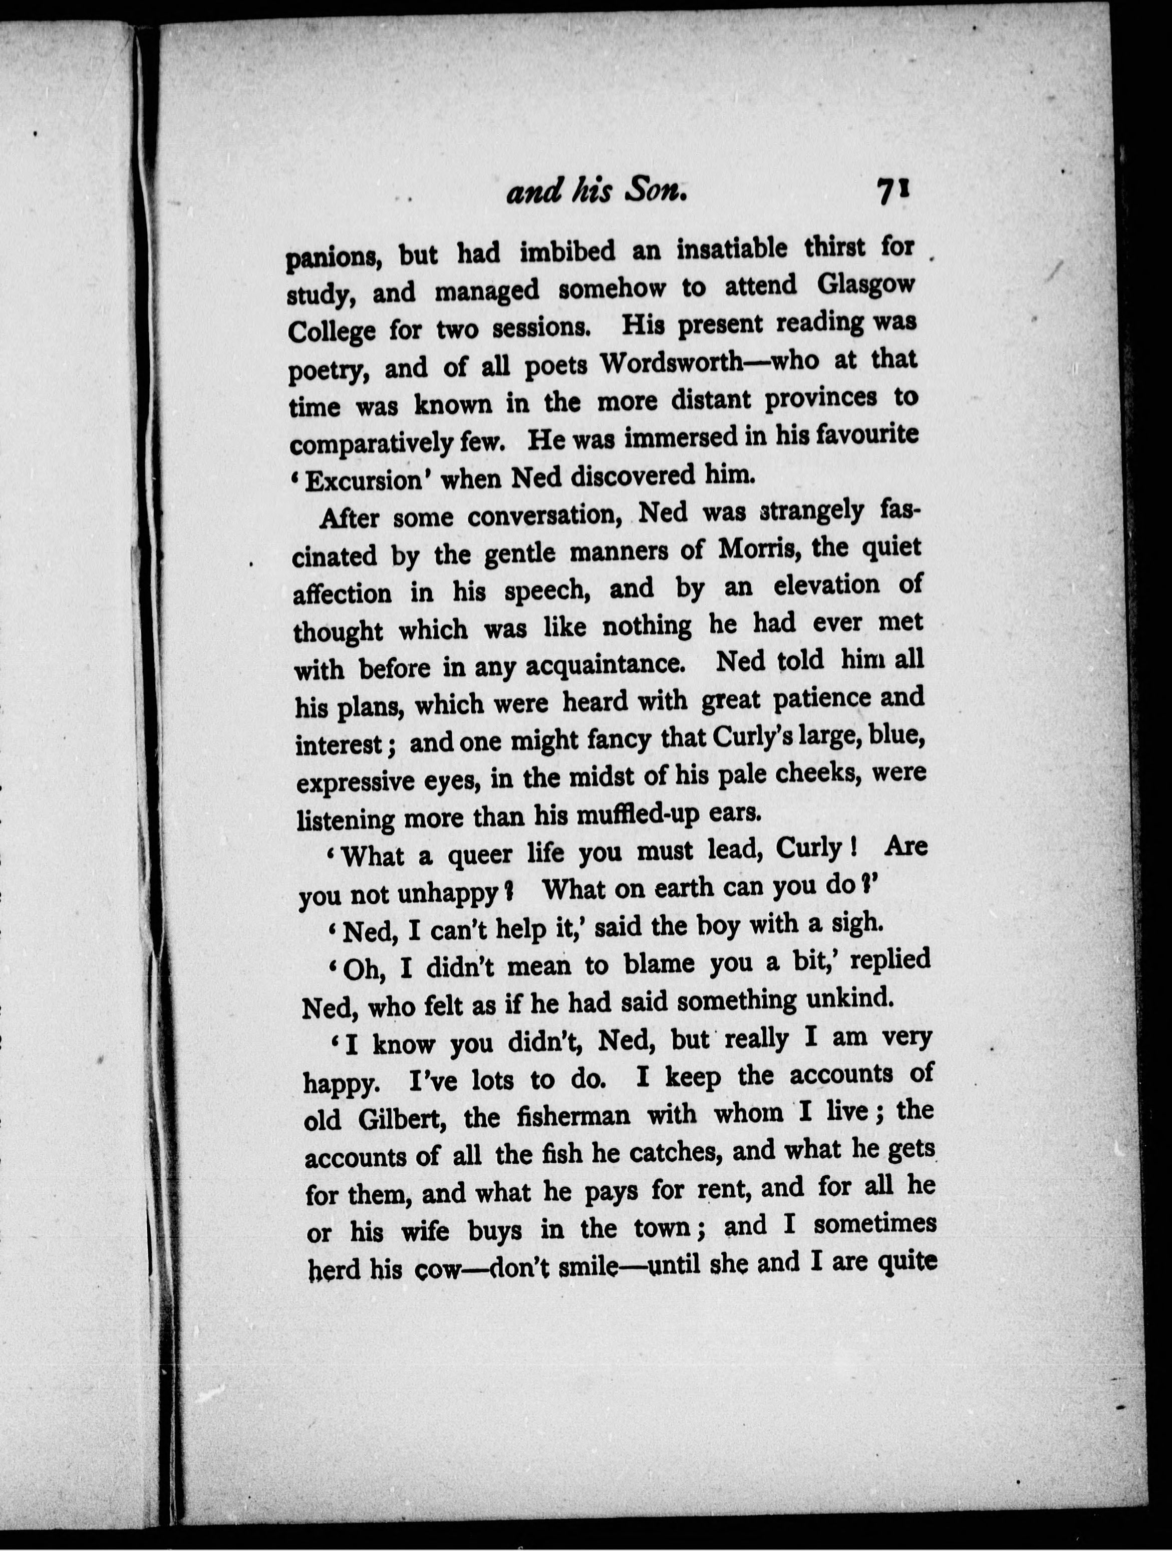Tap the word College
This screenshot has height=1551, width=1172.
coord(332,331)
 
